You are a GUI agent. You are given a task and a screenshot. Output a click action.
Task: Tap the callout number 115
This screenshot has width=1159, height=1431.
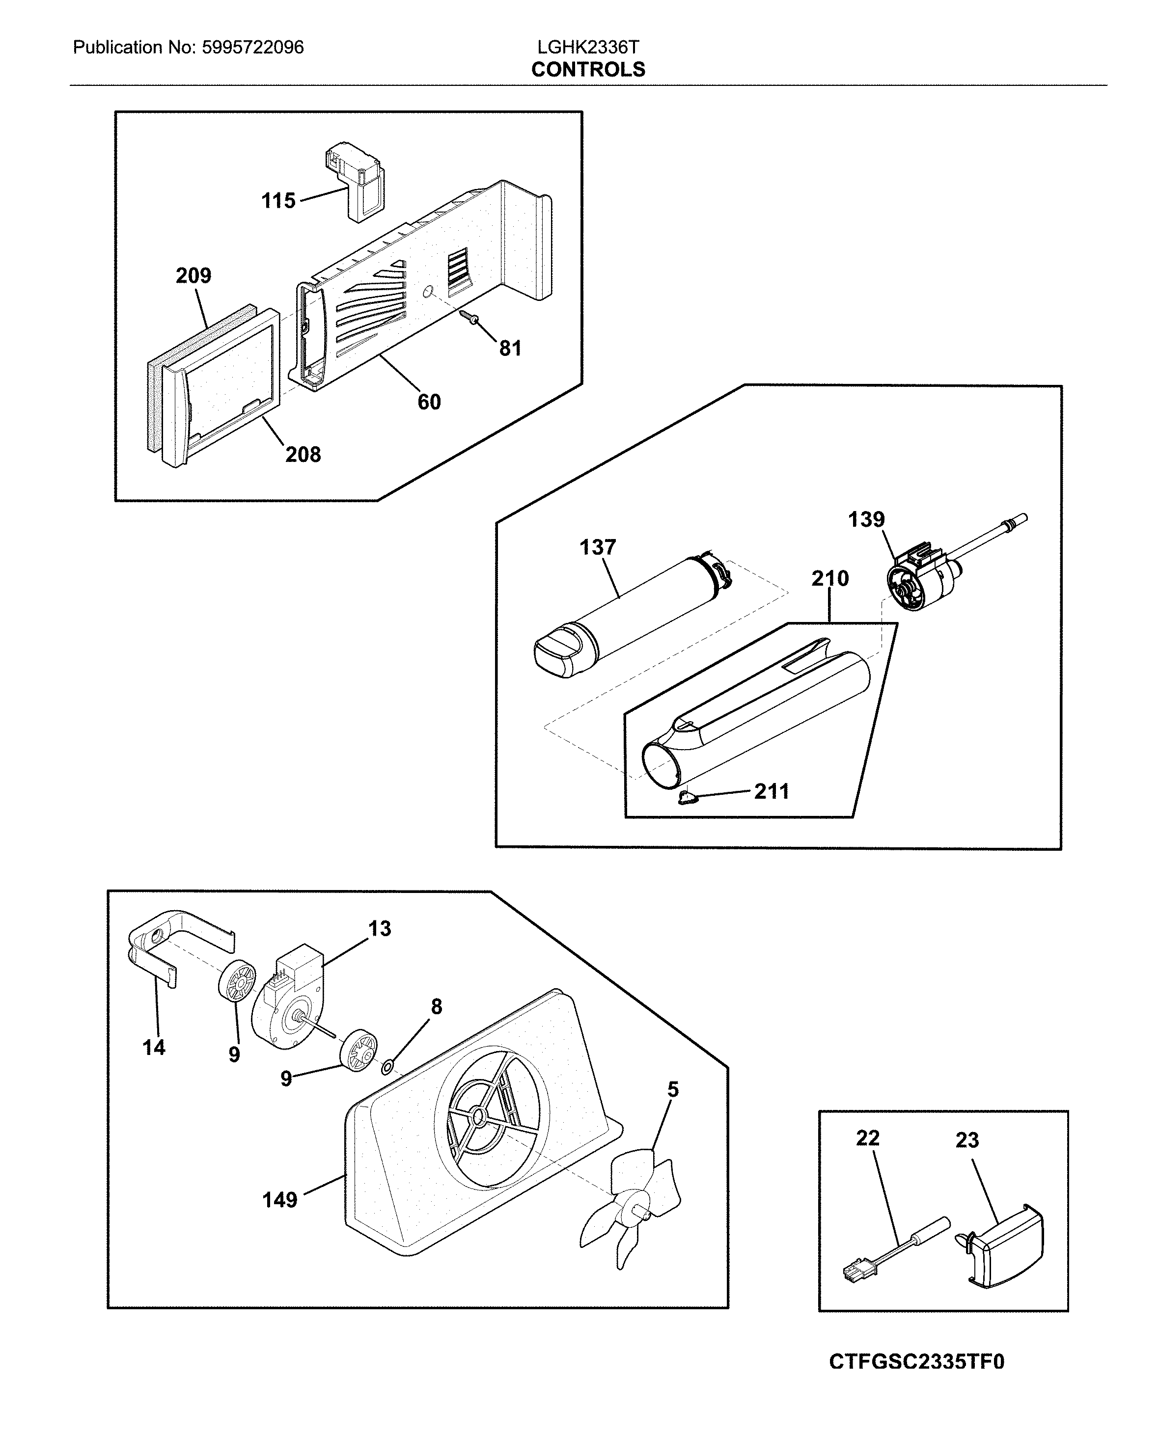click(278, 200)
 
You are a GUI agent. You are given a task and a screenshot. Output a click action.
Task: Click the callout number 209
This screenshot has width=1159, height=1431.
click(193, 276)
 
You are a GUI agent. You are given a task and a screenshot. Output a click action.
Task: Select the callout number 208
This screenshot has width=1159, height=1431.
click(303, 455)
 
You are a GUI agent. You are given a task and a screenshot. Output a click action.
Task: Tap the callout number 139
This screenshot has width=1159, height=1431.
click(866, 519)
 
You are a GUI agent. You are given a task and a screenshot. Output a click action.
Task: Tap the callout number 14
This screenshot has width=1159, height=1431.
click(154, 1047)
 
